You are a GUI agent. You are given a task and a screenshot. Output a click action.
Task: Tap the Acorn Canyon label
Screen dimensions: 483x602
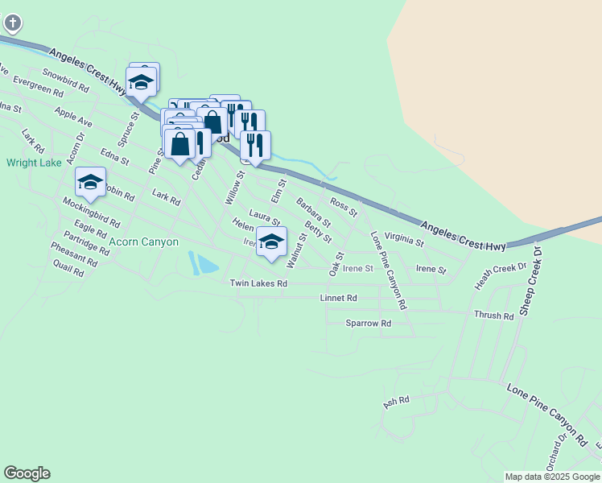pyautogui.click(x=144, y=242)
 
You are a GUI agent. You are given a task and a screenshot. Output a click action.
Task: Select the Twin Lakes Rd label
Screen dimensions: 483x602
pyautogui.click(x=258, y=283)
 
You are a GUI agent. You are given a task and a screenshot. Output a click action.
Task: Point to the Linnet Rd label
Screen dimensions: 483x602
pyautogui.click(x=338, y=298)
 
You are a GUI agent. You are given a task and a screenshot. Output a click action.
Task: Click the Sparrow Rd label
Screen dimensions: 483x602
pyautogui.click(x=368, y=323)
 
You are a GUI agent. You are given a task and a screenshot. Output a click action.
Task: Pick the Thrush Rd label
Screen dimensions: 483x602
pyautogui.click(x=493, y=316)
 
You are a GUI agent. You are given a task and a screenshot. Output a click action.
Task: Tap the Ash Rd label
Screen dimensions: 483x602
pyautogui.click(x=397, y=400)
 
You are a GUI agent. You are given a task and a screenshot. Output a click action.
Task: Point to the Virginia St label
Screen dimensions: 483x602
pyautogui.click(x=404, y=239)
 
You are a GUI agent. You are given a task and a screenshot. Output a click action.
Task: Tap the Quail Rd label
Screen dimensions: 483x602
pyautogui.click(x=68, y=269)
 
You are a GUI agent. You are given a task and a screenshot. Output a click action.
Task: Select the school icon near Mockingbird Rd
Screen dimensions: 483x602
pyautogui.click(x=90, y=183)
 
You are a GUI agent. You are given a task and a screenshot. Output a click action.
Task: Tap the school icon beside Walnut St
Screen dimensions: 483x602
pyautogui.click(x=272, y=242)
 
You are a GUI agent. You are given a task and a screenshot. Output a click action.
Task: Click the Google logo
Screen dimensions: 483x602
pyautogui.click(x=27, y=473)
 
